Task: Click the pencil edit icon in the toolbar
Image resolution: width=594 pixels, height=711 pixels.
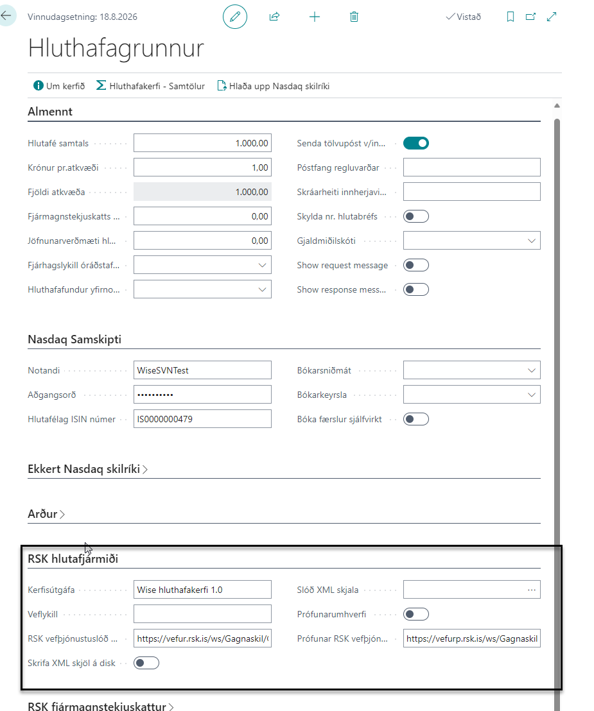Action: point(234,17)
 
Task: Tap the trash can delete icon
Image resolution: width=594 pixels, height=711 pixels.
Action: point(354,17)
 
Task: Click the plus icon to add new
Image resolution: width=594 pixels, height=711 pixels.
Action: point(314,17)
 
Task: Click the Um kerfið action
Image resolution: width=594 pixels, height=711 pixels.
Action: point(59,85)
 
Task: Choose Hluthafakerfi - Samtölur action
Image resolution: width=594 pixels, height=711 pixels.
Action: point(150,85)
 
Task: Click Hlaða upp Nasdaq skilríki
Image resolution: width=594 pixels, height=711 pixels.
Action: point(274,85)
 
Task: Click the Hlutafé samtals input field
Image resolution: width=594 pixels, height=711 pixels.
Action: point(202,143)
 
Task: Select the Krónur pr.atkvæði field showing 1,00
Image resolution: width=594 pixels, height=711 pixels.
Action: point(202,167)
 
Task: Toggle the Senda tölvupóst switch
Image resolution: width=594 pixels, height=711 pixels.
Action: point(415,143)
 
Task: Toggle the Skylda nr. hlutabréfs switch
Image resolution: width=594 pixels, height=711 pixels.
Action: point(415,216)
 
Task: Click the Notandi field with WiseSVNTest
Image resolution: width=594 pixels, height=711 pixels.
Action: point(202,370)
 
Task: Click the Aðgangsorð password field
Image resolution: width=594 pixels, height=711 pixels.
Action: point(202,395)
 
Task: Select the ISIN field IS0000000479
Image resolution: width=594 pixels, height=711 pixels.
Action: point(202,419)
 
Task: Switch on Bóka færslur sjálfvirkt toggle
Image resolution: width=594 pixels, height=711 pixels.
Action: point(415,419)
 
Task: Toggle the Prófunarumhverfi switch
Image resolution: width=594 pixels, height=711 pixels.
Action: point(415,614)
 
